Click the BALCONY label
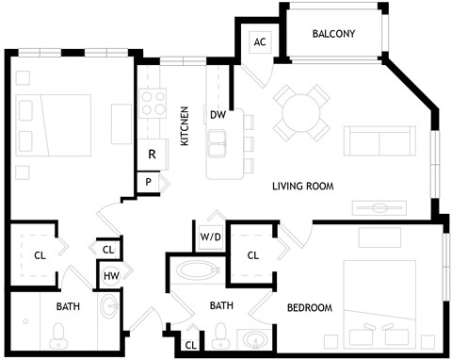pyautogui.click(x=332, y=35)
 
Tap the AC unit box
pyautogui.click(x=259, y=41)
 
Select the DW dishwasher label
pyautogui.click(x=218, y=114)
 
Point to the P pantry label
pyautogui.click(x=148, y=181)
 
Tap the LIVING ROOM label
pyautogui.click(x=303, y=186)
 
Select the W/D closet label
pyautogui.click(x=210, y=237)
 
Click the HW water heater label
pyautogui.click(x=109, y=276)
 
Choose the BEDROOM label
pyautogui.click(x=310, y=307)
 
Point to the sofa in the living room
pyautogui.click(x=374, y=140)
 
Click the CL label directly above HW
pyautogui.click(x=108, y=249)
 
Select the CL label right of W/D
pyautogui.click(x=252, y=254)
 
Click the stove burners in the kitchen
pyautogui.click(x=149, y=102)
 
